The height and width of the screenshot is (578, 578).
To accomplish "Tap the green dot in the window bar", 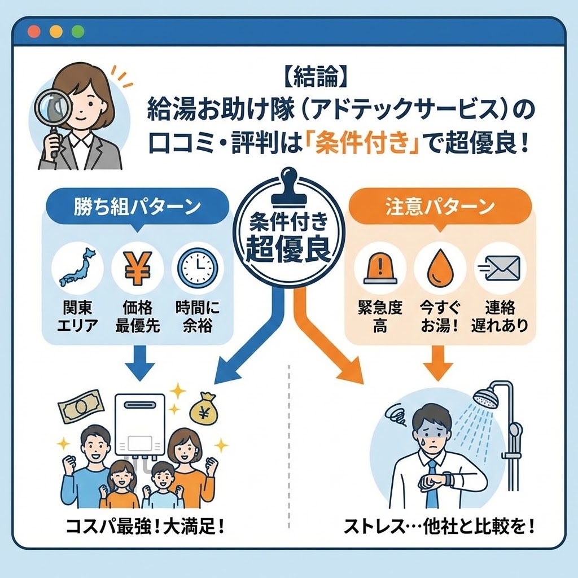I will (77, 32).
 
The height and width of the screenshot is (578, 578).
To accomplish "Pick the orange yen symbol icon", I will (137, 267).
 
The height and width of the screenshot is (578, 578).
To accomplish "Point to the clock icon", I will (196, 267).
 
